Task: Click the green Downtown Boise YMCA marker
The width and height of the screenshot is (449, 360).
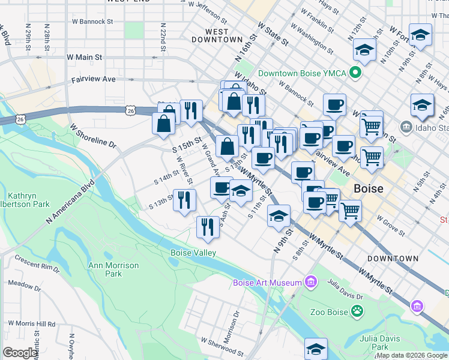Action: point(355,74)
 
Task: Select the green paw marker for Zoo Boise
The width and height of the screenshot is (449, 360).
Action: point(357,311)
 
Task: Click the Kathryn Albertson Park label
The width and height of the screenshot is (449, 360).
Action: point(28,200)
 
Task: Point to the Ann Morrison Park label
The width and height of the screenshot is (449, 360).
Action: point(113,269)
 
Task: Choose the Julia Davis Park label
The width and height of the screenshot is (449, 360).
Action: point(384,343)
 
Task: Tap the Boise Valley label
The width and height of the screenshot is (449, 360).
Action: point(193,253)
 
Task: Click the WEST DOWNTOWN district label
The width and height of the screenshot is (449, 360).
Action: point(217,35)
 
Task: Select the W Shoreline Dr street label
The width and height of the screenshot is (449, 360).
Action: point(93,135)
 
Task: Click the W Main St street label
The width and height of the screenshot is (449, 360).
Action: point(85,57)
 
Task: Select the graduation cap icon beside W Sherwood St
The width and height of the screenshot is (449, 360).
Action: point(316,348)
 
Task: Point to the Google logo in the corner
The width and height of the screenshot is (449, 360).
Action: point(20,353)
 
